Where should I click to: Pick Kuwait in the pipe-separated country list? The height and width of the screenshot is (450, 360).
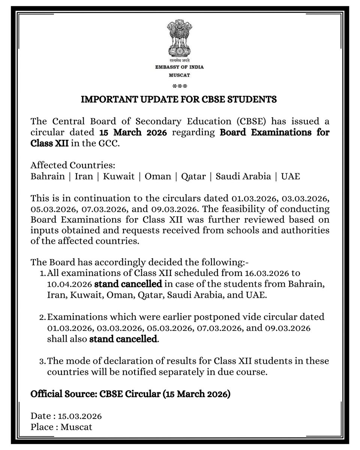(118, 176)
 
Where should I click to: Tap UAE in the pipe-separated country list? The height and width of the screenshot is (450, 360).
(291, 176)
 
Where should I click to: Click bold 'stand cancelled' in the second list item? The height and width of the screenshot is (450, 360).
(123, 340)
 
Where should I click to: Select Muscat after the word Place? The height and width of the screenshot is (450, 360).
(77, 427)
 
